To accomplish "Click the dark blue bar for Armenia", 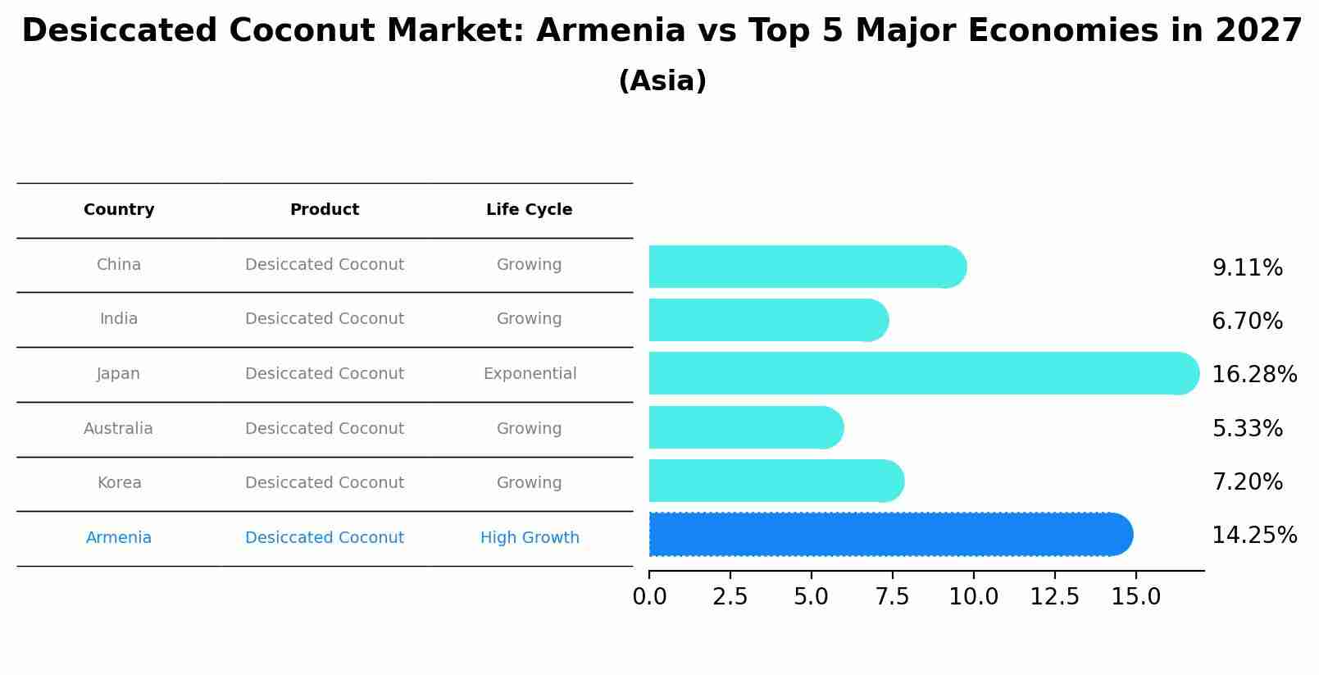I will click(889, 535).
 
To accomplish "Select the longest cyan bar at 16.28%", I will click(922, 373).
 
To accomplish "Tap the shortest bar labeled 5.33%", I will click(745, 427).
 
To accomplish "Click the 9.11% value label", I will click(1247, 268).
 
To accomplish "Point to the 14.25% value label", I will click(1253, 536).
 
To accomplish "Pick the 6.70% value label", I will click(1247, 322).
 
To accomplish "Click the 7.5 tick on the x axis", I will click(892, 597).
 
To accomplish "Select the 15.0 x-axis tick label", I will click(1135, 597).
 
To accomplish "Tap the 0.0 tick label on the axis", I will click(649, 597).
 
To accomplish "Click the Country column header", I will click(119, 210).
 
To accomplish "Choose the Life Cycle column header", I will click(529, 210).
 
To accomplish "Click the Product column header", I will click(325, 210).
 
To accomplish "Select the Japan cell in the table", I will click(119, 374).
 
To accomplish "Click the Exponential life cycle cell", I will click(530, 374).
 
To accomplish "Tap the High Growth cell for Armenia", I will click(530, 538).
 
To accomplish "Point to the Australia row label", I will click(118, 429).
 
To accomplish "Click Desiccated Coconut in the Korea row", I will click(325, 483).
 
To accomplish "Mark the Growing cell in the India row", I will click(529, 319).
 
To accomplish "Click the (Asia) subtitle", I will click(662, 81).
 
